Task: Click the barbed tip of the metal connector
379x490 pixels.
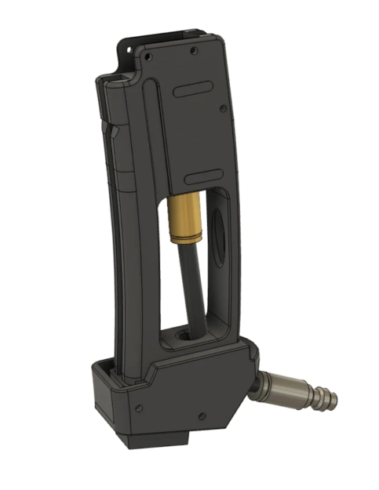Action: click(x=327, y=400)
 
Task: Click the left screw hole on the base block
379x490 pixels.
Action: click(x=138, y=407)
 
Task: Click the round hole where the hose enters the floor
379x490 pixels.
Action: click(x=180, y=336)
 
